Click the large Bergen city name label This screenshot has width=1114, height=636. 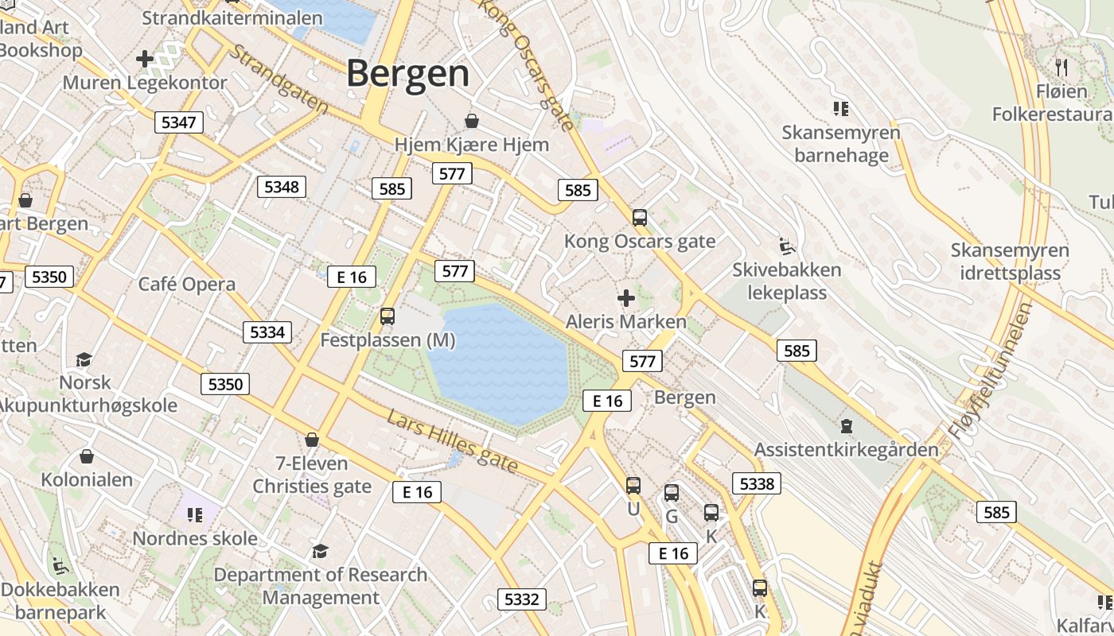407,73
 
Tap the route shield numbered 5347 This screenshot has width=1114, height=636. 178,122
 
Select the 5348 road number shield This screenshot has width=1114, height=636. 282,187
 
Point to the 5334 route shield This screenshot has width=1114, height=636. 267,332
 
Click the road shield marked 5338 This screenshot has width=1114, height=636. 756,483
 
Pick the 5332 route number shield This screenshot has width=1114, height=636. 522,599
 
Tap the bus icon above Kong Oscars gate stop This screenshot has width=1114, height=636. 639,217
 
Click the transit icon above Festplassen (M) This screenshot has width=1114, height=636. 388,316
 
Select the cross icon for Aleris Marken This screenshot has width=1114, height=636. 626,298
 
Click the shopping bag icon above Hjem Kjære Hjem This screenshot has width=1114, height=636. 472,121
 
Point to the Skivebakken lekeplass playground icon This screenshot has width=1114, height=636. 786,245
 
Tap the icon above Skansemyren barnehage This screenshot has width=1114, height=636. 841,108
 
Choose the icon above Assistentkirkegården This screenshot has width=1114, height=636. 846,426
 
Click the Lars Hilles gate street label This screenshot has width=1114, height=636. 453,440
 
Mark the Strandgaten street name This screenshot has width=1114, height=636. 278,78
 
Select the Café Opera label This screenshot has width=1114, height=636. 187,285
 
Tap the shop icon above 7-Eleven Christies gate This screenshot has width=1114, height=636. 312,440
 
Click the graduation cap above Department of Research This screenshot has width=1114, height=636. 320,551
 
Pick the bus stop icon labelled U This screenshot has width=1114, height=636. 633,485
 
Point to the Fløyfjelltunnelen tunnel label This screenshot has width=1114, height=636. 990,370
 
